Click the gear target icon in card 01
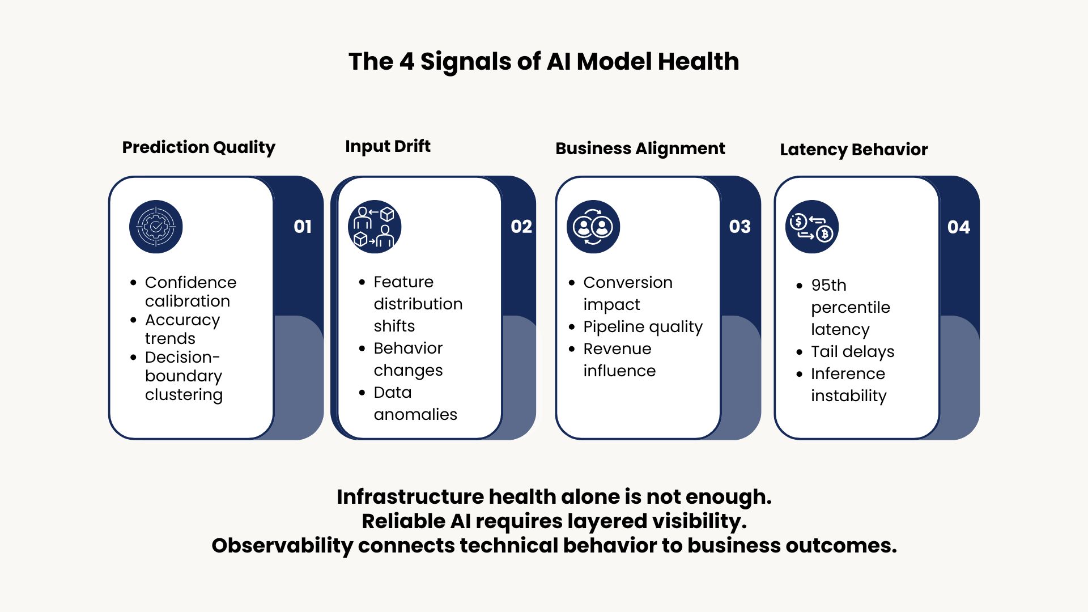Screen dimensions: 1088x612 (x=156, y=227)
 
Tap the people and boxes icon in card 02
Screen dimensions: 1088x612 (x=375, y=227)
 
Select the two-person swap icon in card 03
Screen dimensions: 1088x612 (x=593, y=227)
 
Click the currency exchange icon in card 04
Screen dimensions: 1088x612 (x=812, y=227)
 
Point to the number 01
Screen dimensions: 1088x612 (x=303, y=227)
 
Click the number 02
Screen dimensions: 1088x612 (x=521, y=227)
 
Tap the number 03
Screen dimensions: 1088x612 (x=740, y=227)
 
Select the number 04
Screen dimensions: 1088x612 (x=959, y=227)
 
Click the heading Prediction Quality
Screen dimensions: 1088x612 (x=199, y=148)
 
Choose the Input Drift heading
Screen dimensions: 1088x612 (x=388, y=146)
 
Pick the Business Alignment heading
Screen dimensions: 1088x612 (x=640, y=148)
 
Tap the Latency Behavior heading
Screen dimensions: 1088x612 (x=854, y=150)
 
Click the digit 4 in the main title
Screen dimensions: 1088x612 (x=407, y=61)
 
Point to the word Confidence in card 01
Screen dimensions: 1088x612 (x=191, y=282)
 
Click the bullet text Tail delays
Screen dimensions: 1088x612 (x=853, y=352)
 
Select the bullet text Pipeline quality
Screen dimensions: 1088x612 (x=643, y=327)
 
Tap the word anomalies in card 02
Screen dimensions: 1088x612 (x=415, y=414)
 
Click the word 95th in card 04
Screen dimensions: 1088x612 (x=828, y=285)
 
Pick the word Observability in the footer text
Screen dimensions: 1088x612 (x=282, y=546)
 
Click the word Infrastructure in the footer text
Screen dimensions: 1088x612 (x=410, y=496)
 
